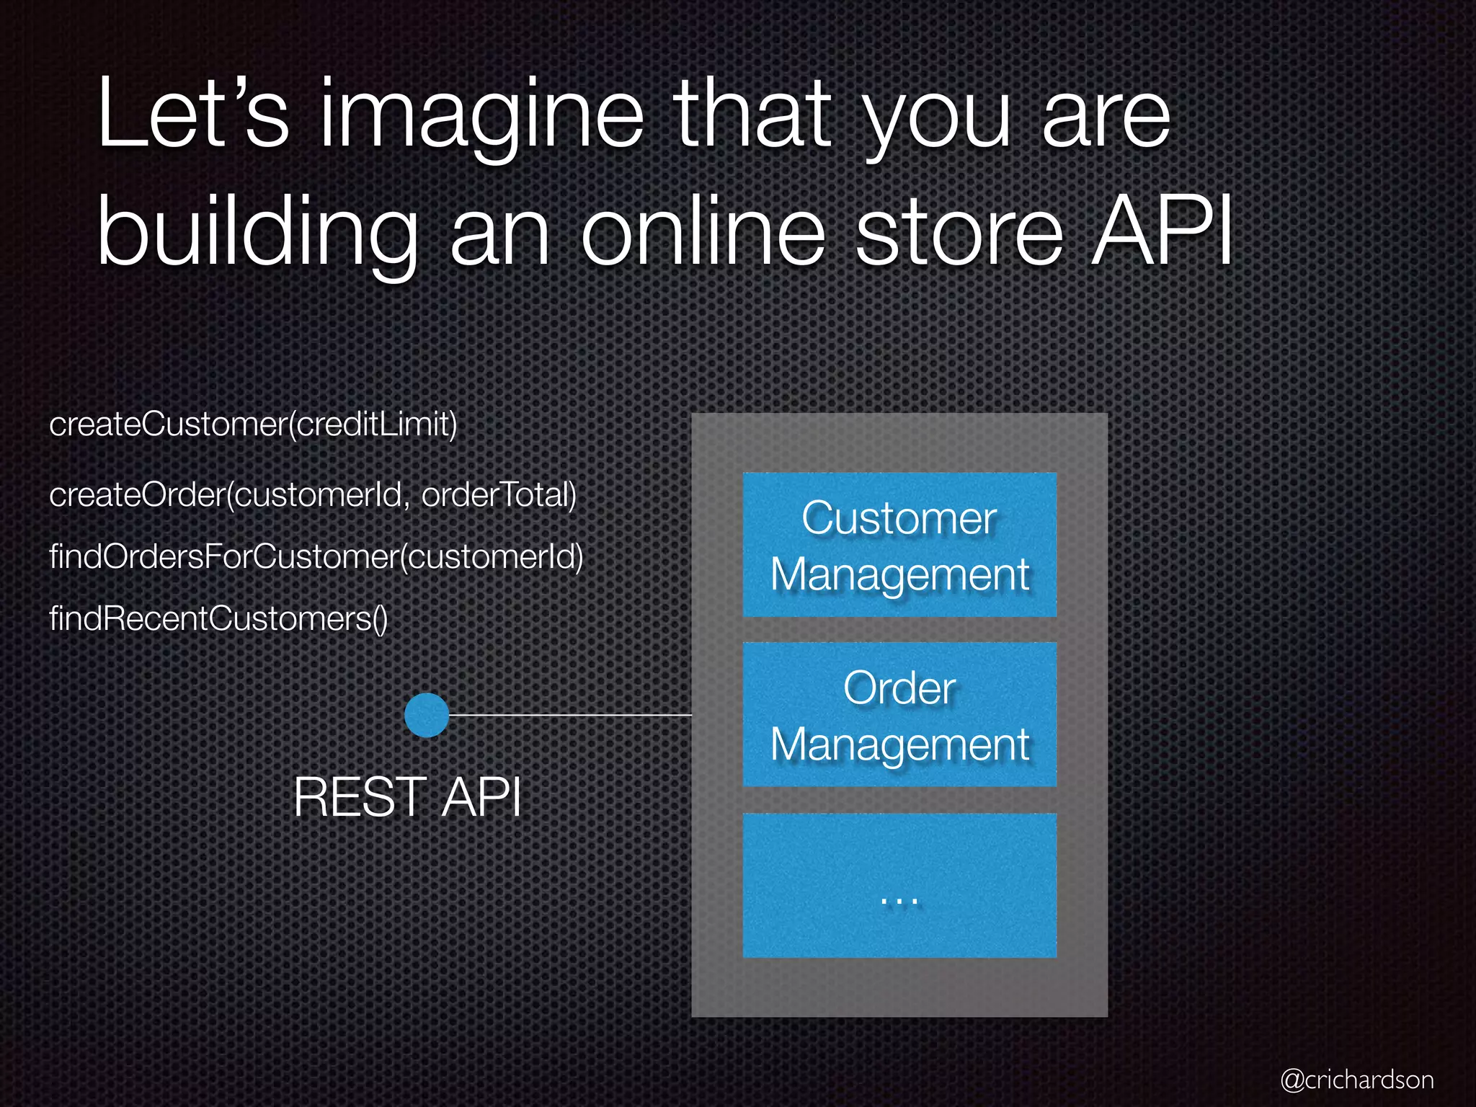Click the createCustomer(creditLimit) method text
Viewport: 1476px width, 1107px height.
tap(253, 424)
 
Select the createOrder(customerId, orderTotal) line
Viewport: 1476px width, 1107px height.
tap(313, 494)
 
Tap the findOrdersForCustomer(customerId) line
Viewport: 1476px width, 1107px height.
tap(316, 556)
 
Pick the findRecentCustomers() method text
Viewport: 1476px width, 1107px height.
tap(218, 618)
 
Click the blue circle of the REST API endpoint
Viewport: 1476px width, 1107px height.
tap(427, 715)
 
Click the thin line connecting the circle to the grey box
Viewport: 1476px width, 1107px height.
tap(569, 715)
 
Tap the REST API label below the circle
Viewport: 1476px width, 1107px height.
tap(407, 797)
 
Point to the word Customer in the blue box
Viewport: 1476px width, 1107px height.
tap(899, 518)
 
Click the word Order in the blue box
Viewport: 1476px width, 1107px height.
tap(899, 688)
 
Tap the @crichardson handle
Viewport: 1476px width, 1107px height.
tap(1357, 1080)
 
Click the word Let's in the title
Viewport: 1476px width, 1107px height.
tap(192, 115)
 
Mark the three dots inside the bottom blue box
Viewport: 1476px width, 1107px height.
tap(899, 900)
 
